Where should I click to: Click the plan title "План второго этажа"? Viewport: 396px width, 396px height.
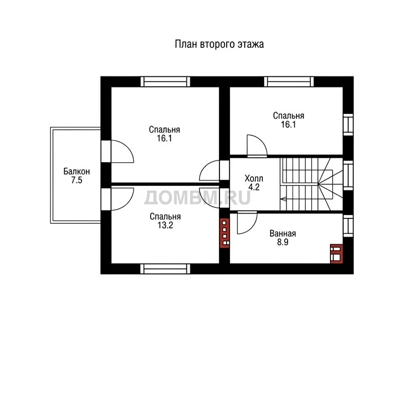[x=219, y=44]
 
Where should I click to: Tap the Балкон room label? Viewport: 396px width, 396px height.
[x=76, y=171]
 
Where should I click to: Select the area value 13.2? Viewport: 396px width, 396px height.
[x=165, y=225]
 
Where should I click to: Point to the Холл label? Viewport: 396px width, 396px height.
[x=254, y=178]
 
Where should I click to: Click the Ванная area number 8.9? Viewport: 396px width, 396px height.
[x=283, y=242]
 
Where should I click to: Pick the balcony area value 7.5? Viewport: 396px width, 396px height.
[x=76, y=180]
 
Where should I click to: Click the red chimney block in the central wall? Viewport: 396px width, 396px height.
[x=224, y=233]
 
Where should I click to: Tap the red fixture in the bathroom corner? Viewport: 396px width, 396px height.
[x=337, y=254]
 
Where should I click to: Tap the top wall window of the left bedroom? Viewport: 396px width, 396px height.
[x=165, y=81]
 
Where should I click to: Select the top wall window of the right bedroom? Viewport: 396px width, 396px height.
[x=289, y=81]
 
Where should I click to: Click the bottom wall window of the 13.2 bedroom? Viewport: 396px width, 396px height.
[x=165, y=269]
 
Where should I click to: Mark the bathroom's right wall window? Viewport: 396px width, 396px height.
[x=348, y=226]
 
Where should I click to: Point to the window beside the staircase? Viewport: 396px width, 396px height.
[x=348, y=175]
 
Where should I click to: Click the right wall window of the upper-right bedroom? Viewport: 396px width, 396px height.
[x=348, y=124]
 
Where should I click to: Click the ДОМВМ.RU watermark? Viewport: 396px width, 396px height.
[x=197, y=197]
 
